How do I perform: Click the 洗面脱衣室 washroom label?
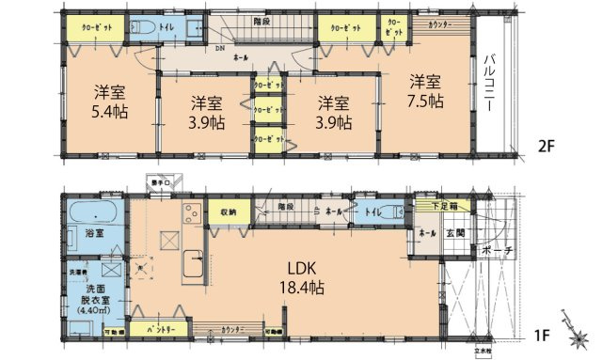92,290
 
